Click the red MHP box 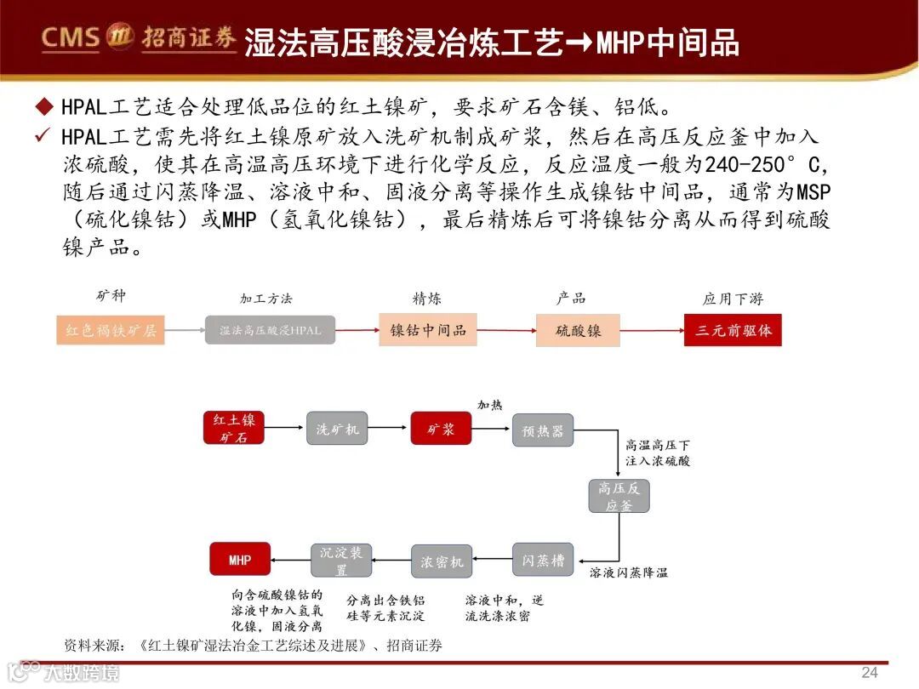[240, 560]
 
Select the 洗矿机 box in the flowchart [338, 429]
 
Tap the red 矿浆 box [441, 429]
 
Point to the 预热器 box [542, 430]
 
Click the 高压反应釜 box [619, 496]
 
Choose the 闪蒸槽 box [542, 561]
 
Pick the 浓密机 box [442, 562]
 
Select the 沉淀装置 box [340, 561]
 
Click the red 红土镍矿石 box [234, 428]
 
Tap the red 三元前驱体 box [733, 330]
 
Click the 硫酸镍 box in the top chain [578, 330]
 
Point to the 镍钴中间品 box [428, 330]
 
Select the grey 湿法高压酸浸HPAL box [271, 330]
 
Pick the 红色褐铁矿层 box [111, 330]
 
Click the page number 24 [869, 672]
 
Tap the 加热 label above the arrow [489, 405]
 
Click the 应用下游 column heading [733, 299]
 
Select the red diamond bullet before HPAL [44, 107]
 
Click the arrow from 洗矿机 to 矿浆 [389, 429]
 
